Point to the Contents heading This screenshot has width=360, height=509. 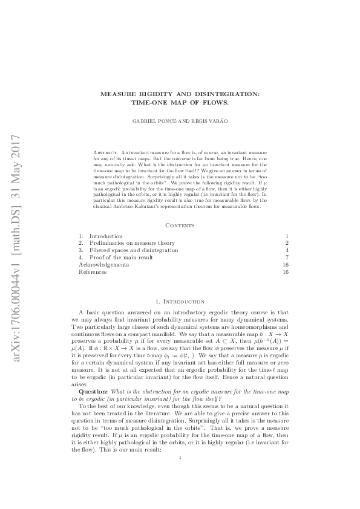tap(180, 225)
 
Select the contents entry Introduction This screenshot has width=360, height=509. tap(106, 236)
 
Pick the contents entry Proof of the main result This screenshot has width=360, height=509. tap(121, 258)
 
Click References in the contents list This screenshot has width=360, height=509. tap(93, 272)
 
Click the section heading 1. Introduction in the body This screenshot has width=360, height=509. tap(180, 301)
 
